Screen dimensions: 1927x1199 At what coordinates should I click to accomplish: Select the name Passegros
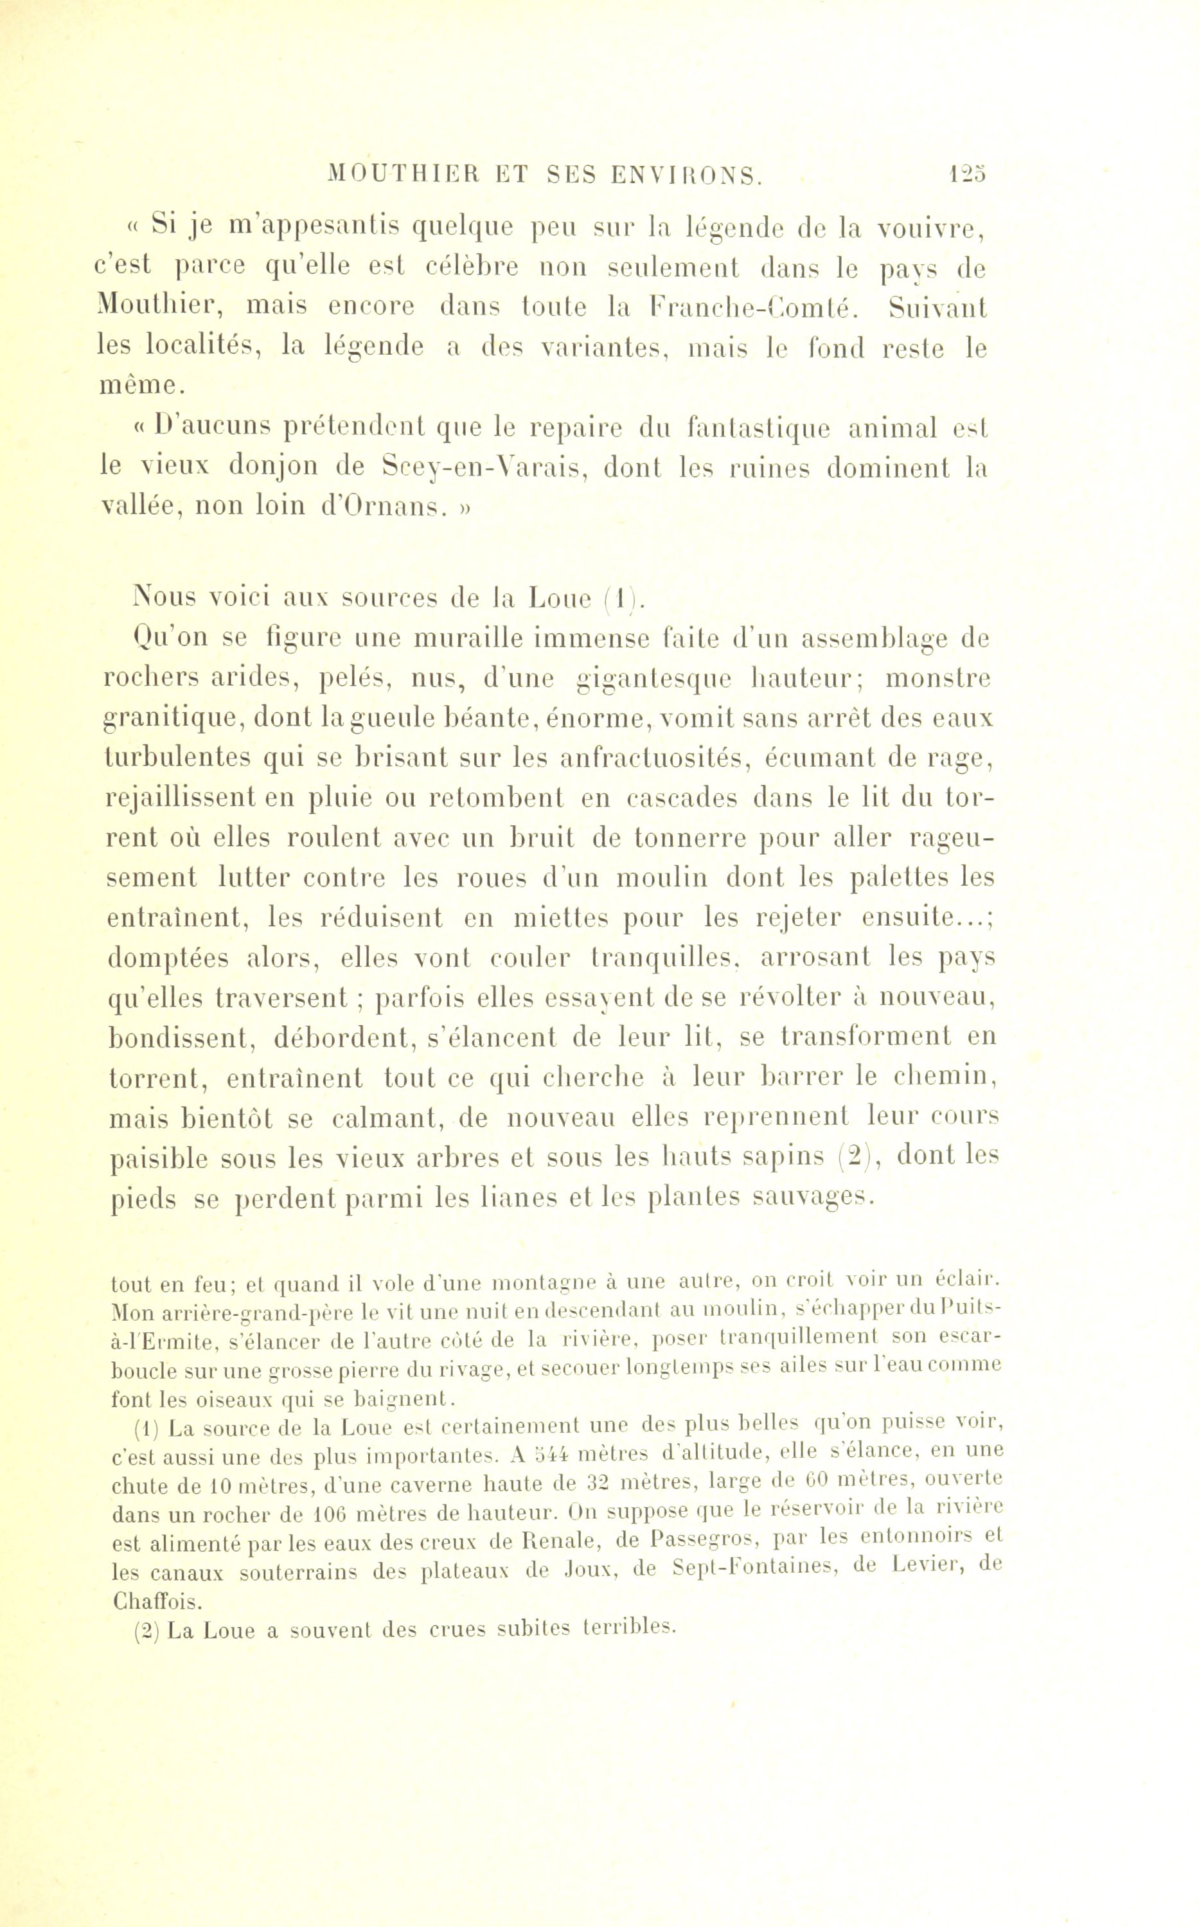click(701, 1541)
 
